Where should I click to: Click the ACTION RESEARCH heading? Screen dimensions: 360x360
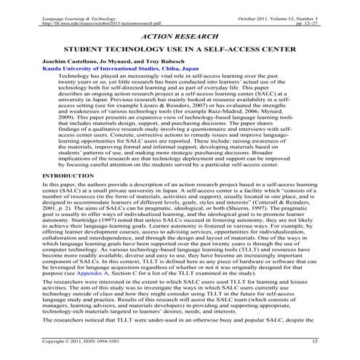[x=179, y=34]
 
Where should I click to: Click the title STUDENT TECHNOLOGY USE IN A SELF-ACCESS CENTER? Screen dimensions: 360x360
[x=180, y=52]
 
